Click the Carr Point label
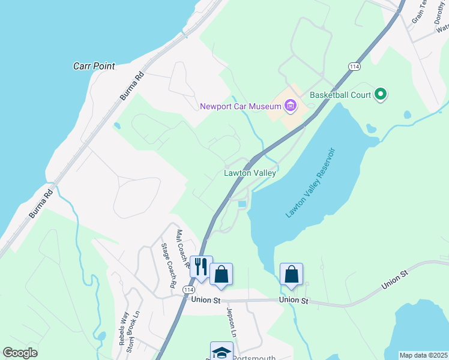click(94, 66)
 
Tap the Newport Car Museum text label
click(241, 107)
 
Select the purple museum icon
click(291, 107)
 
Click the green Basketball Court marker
click(379, 94)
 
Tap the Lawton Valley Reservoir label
click(310, 183)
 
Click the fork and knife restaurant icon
click(200, 266)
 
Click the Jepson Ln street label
click(230, 322)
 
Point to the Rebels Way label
click(123, 328)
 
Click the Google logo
click(20, 353)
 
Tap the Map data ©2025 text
click(423, 355)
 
